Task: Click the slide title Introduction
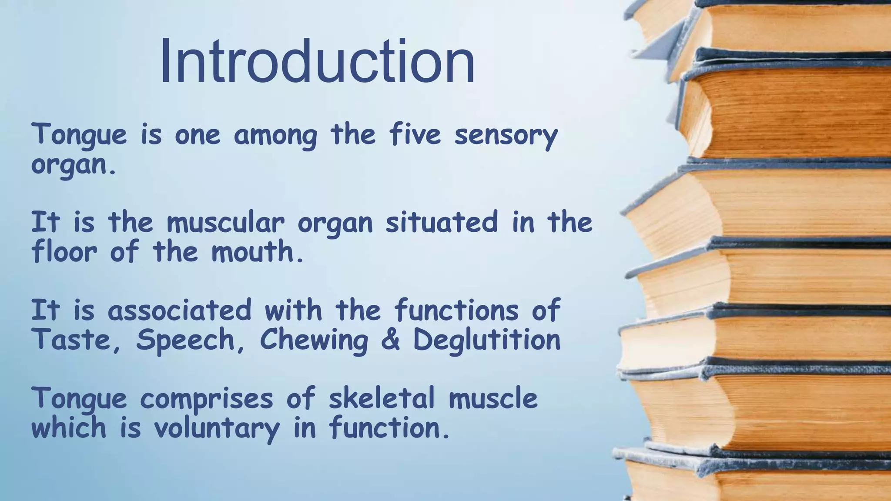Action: (317, 62)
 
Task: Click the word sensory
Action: (506, 135)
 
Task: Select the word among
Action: (275, 136)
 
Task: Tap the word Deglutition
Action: (486, 340)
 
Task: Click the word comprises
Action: (207, 399)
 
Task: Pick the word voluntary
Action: (217, 429)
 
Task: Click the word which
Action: (69, 428)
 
